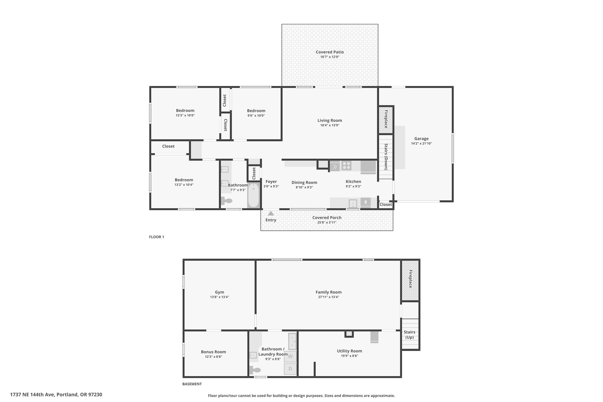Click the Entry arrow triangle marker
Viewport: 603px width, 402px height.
coord(271,214)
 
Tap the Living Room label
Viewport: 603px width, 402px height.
coord(330,120)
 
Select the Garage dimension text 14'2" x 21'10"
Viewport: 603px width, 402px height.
coord(421,143)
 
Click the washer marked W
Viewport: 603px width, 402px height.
coord(290,356)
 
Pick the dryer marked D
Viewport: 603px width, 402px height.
coord(290,369)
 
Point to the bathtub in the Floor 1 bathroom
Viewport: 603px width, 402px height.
coord(253,196)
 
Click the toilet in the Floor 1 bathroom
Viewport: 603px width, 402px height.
coord(226,201)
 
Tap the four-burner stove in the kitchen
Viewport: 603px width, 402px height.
coord(347,166)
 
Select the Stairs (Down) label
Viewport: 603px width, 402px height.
coord(386,157)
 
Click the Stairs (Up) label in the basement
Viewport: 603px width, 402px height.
coord(410,335)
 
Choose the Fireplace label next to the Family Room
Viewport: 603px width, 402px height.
coord(410,279)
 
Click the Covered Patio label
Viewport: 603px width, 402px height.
coord(330,52)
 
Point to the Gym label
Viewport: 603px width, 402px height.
coord(219,292)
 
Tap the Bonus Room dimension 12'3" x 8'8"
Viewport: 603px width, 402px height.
coord(213,357)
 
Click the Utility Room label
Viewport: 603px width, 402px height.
coord(349,351)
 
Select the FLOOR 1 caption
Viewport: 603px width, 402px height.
coord(157,237)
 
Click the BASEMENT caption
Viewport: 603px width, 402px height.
coord(192,384)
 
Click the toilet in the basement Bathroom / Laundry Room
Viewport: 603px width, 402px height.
coord(255,370)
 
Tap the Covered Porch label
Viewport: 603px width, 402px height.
coord(327,218)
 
